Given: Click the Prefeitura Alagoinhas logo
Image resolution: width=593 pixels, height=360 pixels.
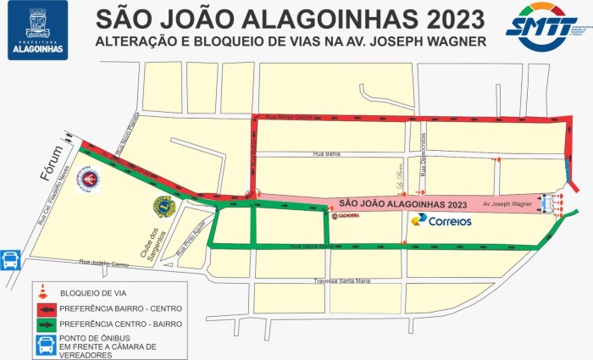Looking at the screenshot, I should tap(37, 32).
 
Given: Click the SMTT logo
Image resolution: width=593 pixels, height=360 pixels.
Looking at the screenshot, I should tap(542, 28).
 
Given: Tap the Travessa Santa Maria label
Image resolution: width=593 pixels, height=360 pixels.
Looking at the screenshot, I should tap(343, 281).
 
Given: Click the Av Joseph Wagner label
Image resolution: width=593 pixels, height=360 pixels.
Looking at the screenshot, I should tap(507, 204).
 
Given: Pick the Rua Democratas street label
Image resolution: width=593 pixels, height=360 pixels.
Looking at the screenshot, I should tap(424, 155).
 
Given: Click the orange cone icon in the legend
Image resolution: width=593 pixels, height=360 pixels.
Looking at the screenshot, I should tap(42, 292).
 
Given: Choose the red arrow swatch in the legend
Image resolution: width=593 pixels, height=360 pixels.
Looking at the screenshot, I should tap(43, 308).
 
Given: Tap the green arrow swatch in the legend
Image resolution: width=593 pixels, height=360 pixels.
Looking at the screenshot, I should tap(43, 324).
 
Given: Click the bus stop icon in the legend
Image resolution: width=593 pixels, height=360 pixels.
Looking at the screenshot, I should tap(43, 346).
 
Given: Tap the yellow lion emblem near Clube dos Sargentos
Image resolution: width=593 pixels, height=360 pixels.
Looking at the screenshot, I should tap(163, 205).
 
